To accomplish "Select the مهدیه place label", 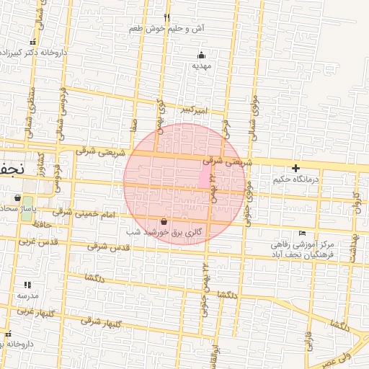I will point(200,66).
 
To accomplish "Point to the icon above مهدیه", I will point(201,55).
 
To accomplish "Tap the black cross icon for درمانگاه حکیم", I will point(295,168).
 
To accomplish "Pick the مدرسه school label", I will point(27,295).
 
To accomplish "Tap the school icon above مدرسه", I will point(27,285).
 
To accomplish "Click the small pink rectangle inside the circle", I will point(204,174).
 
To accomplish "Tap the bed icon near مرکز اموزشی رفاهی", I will point(302,233).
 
